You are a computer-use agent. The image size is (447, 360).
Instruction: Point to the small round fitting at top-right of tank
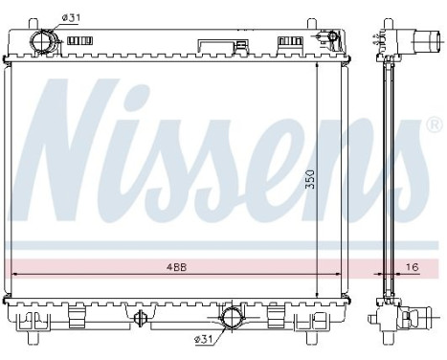[331, 38]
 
